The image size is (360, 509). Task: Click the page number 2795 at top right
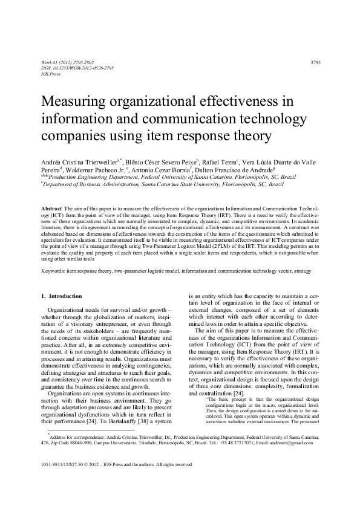point(315,63)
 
